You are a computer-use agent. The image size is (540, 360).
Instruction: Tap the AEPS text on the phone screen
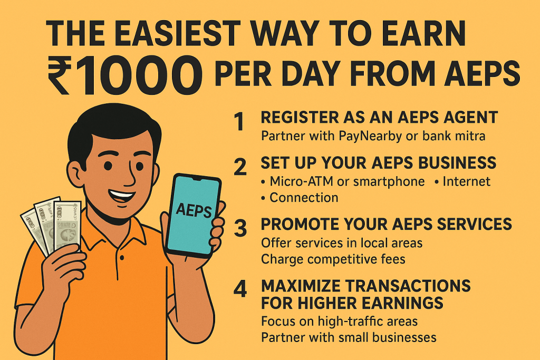point(194,211)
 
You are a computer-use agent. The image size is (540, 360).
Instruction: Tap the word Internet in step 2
point(466,182)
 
